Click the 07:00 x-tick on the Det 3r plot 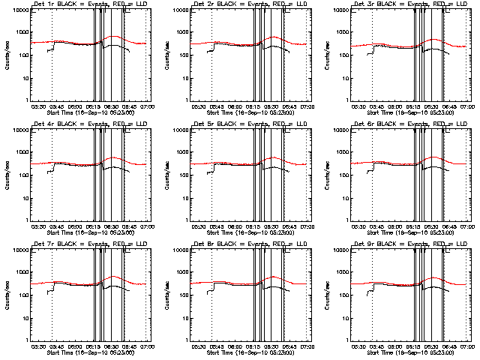coord(468,106)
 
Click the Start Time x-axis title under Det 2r coord(250,112)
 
